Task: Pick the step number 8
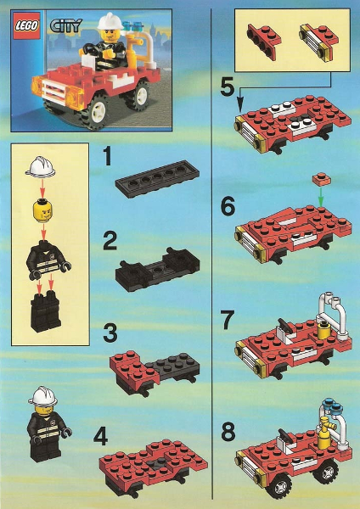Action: click(226, 432)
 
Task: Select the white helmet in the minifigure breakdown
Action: click(39, 166)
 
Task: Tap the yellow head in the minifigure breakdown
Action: click(39, 210)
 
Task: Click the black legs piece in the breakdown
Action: click(41, 313)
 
